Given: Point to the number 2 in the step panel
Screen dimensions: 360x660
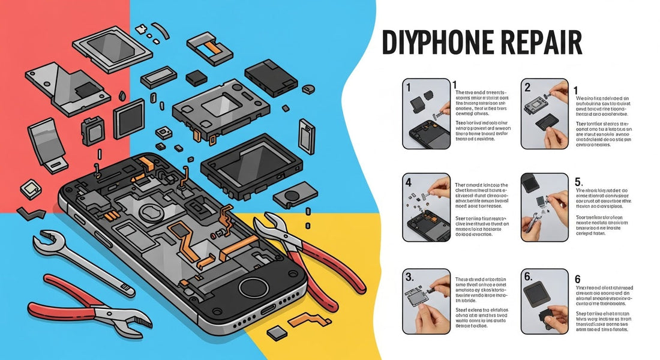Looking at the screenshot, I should pyautogui.click(x=528, y=88).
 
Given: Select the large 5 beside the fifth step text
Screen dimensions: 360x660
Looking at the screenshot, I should pyautogui.click(x=578, y=181).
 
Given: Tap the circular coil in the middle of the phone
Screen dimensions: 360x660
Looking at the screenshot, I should pyautogui.click(x=149, y=215).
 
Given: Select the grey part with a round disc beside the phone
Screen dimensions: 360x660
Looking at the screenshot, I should pyautogui.click(x=294, y=196).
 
